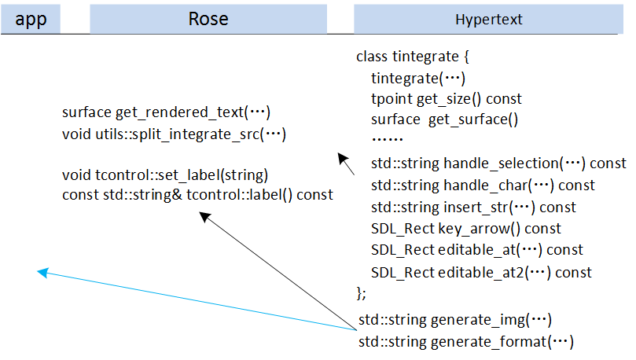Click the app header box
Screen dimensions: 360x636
(x=31, y=19)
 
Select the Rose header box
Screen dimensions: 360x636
(x=208, y=19)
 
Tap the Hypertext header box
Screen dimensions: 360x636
(x=489, y=19)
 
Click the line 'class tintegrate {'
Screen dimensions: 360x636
(x=412, y=57)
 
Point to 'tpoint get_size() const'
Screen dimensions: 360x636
(x=446, y=99)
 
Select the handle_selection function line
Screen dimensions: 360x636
(x=498, y=163)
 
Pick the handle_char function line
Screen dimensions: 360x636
(x=483, y=186)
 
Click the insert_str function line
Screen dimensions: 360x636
(x=473, y=208)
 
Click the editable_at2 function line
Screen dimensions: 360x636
(x=481, y=272)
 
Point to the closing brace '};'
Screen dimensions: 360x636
(x=362, y=292)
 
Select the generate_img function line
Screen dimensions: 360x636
(x=455, y=320)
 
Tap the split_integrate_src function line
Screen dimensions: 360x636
(x=173, y=134)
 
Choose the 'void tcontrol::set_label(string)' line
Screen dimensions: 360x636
(x=165, y=174)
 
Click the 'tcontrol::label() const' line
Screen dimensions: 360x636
(x=197, y=194)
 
